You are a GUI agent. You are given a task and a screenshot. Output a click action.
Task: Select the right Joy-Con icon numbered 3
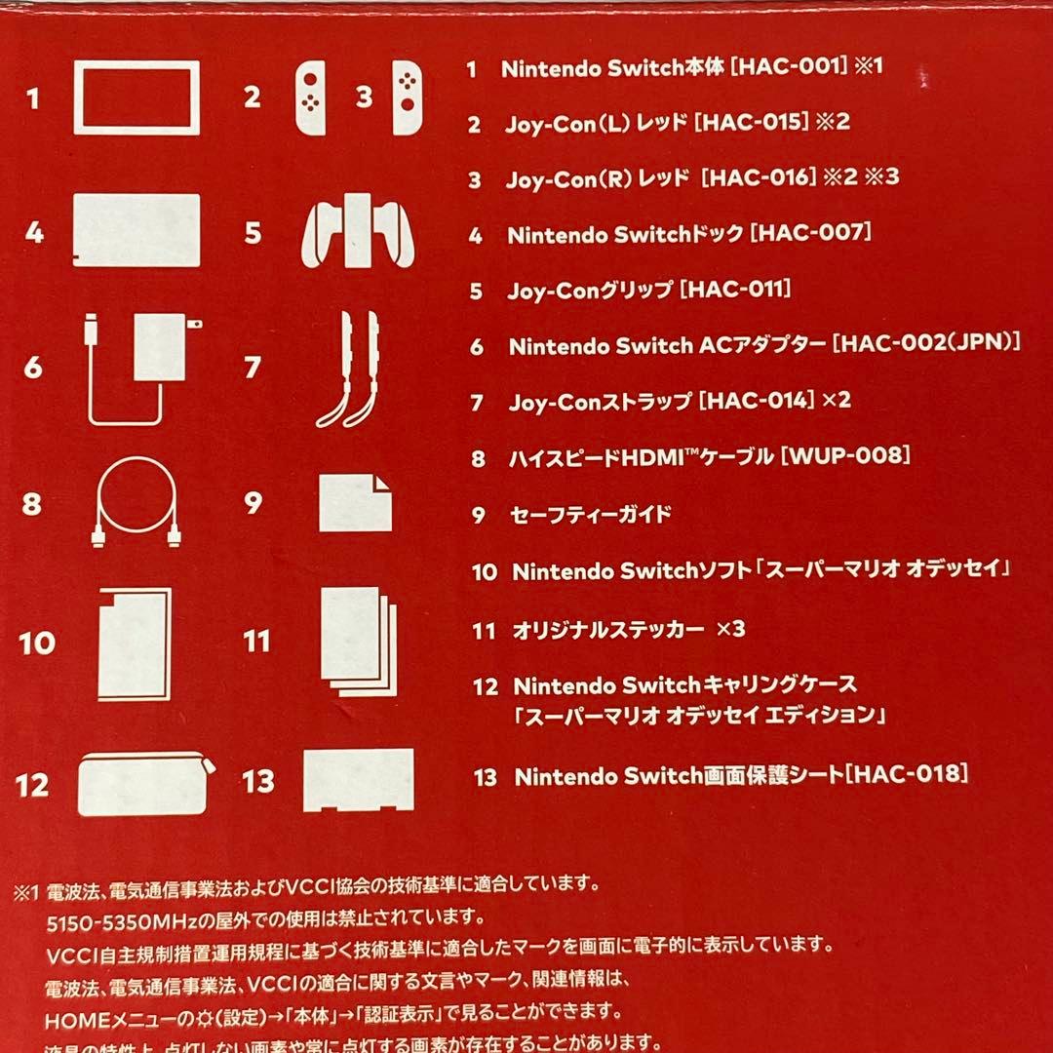408,98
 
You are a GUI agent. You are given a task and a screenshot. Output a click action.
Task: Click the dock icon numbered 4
136,231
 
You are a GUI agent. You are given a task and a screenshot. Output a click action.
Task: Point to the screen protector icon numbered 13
359,780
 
